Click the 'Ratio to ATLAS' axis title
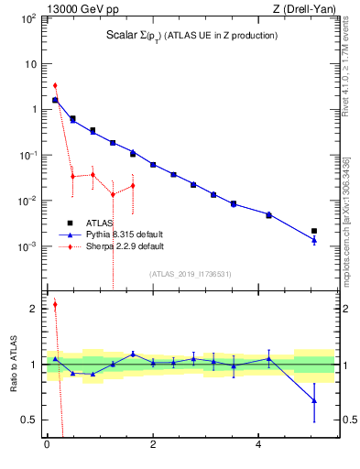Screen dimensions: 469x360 coord(13,364)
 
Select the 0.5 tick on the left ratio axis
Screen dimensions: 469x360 coord(29,420)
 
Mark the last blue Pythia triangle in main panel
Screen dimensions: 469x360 coord(314,240)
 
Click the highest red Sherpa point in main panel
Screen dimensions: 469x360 coord(55,85)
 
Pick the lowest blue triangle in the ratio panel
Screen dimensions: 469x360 coord(314,400)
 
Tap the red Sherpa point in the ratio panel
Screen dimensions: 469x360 coord(55,305)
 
